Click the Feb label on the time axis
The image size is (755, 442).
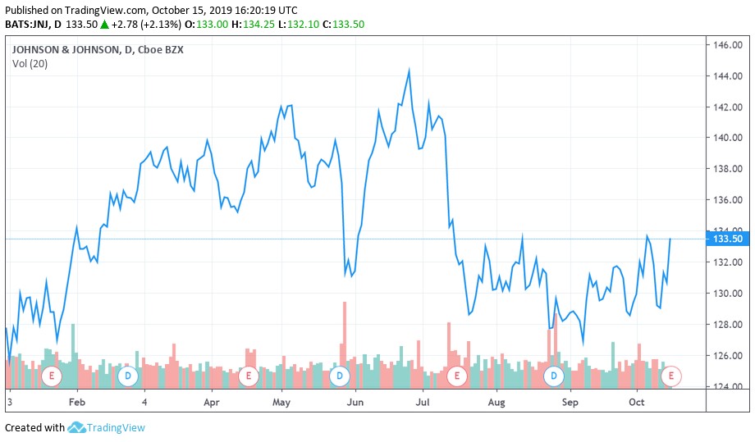coord(76,403)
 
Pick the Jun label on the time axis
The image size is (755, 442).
coord(355,403)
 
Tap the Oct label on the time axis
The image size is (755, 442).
coord(637,403)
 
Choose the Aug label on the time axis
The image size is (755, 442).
coord(496,403)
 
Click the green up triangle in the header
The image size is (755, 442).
coord(104,25)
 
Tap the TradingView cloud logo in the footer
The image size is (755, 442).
coord(77,427)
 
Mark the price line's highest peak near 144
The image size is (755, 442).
coord(409,71)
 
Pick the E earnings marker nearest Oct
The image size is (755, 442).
coord(671,376)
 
